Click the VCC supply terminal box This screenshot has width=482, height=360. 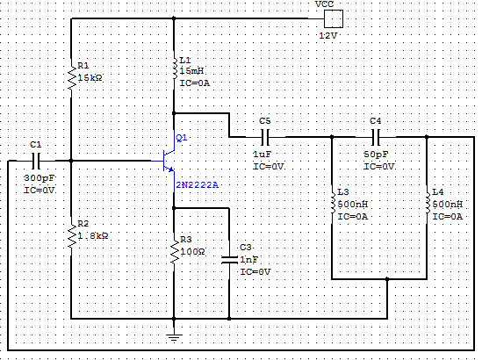tap(334, 18)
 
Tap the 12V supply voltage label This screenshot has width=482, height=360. tap(328, 36)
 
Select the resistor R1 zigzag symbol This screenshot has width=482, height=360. tap(71, 78)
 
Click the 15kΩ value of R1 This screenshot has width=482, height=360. tap(90, 78)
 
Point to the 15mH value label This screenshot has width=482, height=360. tap(191, 71)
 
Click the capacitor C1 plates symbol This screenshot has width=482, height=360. tap(36, 161)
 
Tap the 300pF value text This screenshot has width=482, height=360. tap(40, 178)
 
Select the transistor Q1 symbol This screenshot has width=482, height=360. tap(169, 161)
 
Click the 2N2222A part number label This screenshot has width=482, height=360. tap(197, 185)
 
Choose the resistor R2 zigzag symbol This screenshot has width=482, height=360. tap(71, 236)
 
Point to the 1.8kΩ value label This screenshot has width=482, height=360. tap(93, 236)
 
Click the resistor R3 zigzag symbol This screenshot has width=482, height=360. tap(175, 252)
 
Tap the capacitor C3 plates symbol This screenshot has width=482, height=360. tap(229, 260)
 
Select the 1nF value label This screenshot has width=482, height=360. tap(249, 260)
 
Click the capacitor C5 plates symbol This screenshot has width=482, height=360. tap(265, 137)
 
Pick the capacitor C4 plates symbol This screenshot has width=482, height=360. tap(376, 137)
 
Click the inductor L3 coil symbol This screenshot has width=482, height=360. tap(332, 203)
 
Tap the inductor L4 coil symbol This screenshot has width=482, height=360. tap(428, 203)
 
